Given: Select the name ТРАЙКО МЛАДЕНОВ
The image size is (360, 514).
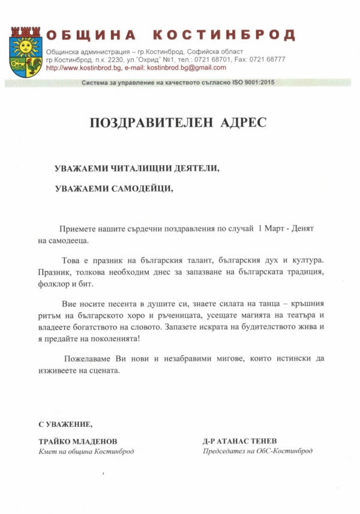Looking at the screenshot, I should click(78, 441).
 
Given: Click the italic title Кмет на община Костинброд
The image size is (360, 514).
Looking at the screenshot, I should click(86, 451).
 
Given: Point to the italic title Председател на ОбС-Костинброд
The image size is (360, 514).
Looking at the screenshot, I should click(257, 451).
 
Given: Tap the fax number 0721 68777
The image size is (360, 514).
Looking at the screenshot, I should click(267, 59).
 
